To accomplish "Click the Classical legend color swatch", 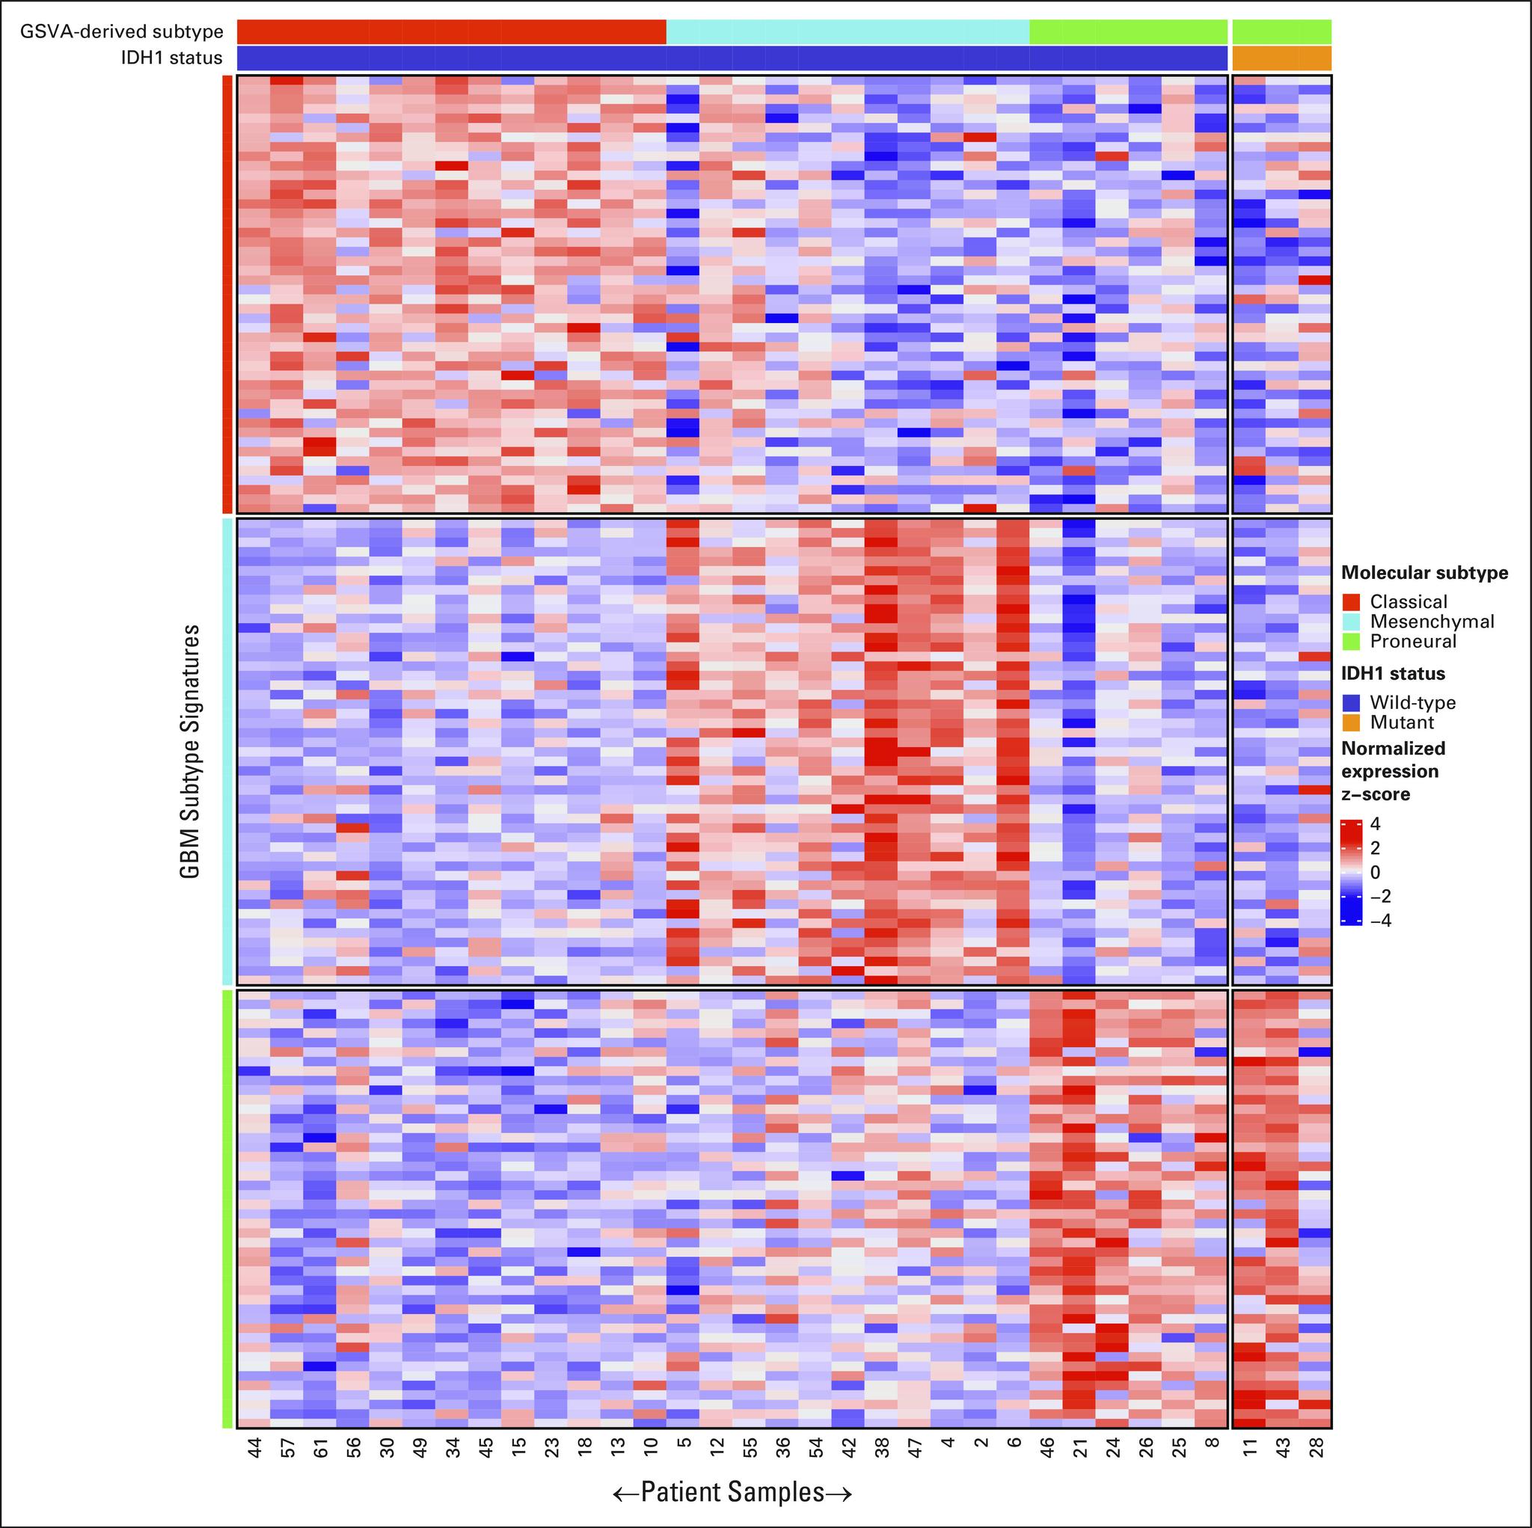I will coord(1351,602).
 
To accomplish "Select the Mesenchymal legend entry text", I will coord(1432,622).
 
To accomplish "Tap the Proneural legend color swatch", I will coord(1351,641).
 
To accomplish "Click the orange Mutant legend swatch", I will coord(1351,722).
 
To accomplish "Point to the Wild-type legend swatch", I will coord(1351,702).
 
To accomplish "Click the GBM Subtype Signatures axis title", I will coord(189,752).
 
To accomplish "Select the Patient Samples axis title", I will coord(732,1492).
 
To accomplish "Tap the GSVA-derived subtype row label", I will coord(121,32).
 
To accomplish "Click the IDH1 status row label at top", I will coord(171,58).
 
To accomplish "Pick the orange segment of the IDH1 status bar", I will coord(1281,58).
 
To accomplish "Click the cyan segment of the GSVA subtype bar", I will coord(847,32).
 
